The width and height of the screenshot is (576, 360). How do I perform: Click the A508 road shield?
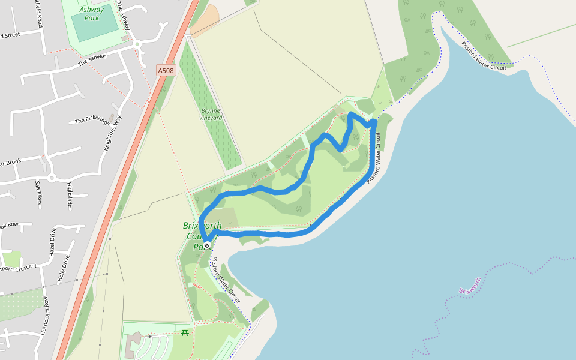166,71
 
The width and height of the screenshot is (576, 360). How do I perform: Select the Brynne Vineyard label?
211,115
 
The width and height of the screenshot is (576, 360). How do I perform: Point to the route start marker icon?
206,245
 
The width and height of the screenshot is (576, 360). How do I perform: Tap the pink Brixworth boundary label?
470,286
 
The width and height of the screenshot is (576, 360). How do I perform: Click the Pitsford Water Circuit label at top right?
484,55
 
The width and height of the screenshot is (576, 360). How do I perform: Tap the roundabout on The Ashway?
137,43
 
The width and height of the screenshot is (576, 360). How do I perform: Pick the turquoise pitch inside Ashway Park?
95,23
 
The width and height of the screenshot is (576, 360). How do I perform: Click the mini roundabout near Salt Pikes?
52,178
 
